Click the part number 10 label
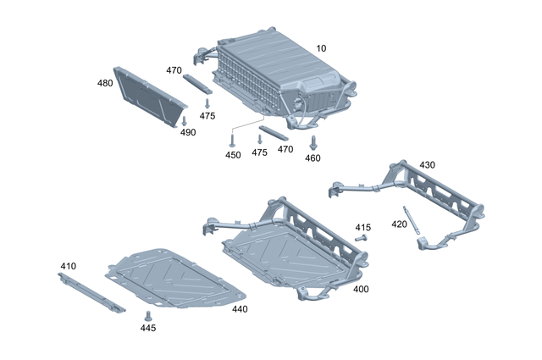pos(321,48)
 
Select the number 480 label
pos(106,83)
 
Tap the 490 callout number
pos(187,133)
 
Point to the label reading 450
pos(233,155)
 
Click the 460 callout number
pos(312,158)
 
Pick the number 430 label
pos(427,165)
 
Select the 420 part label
pos(399,224)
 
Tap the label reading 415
pos(362,228)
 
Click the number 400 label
pos(362,290)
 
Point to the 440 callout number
pos(240,309)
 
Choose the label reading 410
pos(68,266)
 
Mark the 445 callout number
pos(147,327)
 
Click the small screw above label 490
pos(185,121)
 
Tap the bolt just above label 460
pos(312,142)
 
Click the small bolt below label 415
pos(360,239)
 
